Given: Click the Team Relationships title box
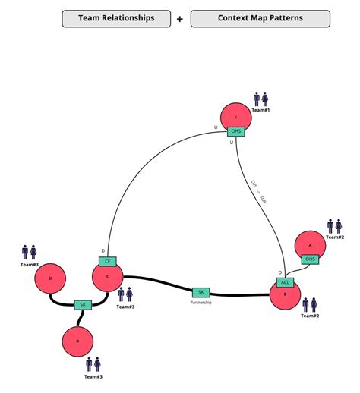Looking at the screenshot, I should tap(116, 18).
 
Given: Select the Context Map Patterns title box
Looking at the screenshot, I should tap(260, 18).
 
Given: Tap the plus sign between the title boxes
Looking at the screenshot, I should tap(180, 18).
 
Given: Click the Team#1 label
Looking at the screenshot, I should tap(261, 111).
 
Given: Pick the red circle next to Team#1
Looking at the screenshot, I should tap(236, 117).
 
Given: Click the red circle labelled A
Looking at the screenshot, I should tap(310, 245).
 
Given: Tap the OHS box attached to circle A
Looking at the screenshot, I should tap(309, 259).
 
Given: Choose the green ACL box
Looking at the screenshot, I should tap(286, 282).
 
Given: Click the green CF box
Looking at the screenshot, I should tap(107, 261).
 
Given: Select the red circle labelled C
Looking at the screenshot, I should tap(108, 277).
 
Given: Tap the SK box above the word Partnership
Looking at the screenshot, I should tap(201, 292).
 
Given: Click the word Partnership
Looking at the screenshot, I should tap(201, 303).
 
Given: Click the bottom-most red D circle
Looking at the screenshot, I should tap(77, 341).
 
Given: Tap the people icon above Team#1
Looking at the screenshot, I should tap(261, 99).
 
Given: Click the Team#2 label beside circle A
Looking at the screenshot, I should tap(336, 238).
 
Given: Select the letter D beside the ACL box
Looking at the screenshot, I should tap(279, 272).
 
